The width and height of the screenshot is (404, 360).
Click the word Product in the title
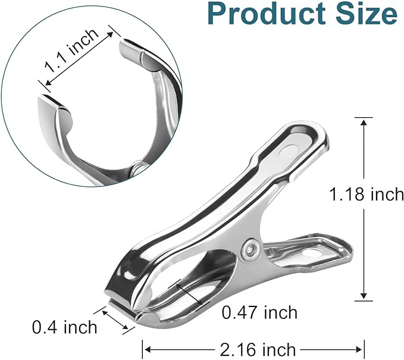click(x=267, y=14)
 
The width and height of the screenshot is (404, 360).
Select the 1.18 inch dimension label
click(x=367, y=194)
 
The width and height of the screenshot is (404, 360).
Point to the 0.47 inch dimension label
click(x=259, y=312)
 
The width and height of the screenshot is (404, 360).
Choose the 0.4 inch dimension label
click(x=65, y=327)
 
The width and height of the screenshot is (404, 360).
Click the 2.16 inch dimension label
click(x=258, y=349)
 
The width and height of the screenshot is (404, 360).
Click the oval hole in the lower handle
click(x=313, y=252)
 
